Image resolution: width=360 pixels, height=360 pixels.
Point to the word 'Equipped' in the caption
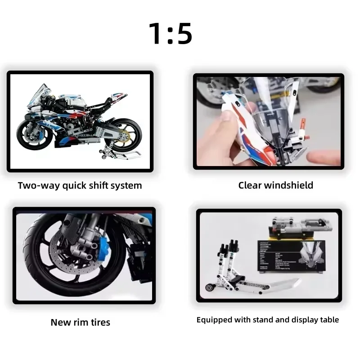213,320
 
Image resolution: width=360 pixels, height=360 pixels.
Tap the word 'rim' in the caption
77,322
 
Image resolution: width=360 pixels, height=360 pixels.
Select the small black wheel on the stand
209,286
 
